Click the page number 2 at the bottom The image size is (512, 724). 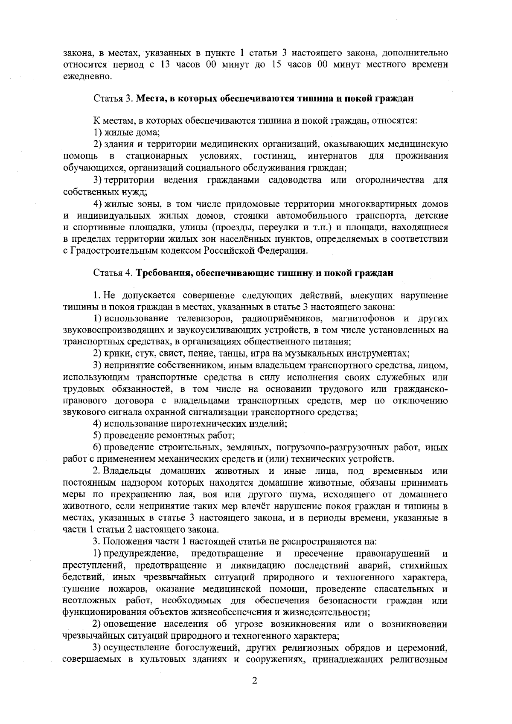click(255, 692)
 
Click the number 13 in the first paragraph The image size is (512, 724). click(166, 65)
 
